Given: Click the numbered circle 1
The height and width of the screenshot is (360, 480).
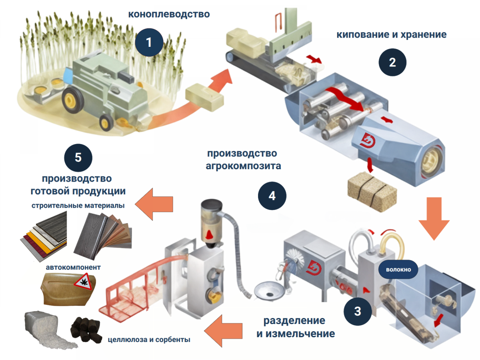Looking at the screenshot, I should pos(149,42).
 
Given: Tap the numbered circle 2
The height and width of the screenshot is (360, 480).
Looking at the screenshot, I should pos(392,62).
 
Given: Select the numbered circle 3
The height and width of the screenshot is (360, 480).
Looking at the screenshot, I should pos(358,310).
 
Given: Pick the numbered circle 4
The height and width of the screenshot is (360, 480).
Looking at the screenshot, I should pos(272,196).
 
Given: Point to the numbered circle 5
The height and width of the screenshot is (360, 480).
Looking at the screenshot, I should pos(78,157).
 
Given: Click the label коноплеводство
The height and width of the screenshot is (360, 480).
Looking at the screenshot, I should pos(169,14).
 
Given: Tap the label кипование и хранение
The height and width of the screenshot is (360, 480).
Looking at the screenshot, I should pos(391,34).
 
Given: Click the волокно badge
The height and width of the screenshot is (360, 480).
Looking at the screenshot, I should pos(398,270).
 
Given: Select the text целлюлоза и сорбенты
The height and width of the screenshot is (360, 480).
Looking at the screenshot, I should pos(149,340).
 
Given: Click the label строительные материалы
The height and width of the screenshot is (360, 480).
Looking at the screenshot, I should pos(78,206).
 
